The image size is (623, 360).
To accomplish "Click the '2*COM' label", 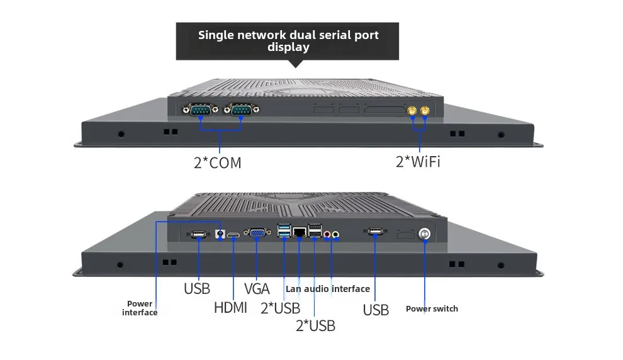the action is pyautogui.click(x=217, y=163).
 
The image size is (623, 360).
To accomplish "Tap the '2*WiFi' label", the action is pyautogui.click(x=418, y=162).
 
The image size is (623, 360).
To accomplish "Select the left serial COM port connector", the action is pyautogui.click(x=200, y=110).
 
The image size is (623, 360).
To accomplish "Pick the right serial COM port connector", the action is pyautogui.click(x=241, y=109).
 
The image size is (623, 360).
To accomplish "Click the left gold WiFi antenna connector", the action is pyautogui.click(x=412, y=110).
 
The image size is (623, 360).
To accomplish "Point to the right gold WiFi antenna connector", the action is pyautogui.click(x=425, y=110).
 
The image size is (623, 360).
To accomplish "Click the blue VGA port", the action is pyautogui.click(x=257, y=233).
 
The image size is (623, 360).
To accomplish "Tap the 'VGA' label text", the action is pyautogui.click(x=257, y=289).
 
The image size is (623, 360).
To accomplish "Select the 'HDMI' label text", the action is pyautogui.click(x=230, y=308).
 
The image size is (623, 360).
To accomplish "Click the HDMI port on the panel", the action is pyautogui.click(x=233, y=235).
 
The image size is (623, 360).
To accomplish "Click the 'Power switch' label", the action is pyautogui.click(x=432, y=309).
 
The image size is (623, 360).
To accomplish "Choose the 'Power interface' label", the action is pyautogui.click(x=140, y=308).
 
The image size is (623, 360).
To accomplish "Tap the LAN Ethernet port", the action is pyautogui.click(x=299, y=232).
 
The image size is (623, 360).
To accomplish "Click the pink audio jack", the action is pyautogui.click(x=327, y=234).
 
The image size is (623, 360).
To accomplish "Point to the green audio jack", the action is pyautogui.click(x=336, y=234).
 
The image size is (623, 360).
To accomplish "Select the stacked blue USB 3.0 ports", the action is pyautogui.click(x=284, y=230).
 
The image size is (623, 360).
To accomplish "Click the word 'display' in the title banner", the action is pyautogui.click(x=288, y=47).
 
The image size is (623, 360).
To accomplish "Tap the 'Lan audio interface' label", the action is pyautogui.click(x=328, y=289).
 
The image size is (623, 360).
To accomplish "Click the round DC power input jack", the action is pyautogui.click(x=220, y=234).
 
